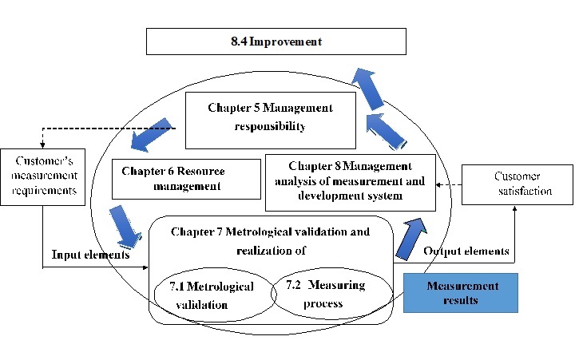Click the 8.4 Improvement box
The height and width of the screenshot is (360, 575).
276,42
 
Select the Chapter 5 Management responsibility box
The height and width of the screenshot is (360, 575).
271,121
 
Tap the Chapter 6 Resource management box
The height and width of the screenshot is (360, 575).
186,179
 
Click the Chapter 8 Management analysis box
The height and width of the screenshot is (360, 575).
351,183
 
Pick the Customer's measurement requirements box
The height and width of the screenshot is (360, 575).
43,176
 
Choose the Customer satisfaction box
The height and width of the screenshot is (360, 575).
517,184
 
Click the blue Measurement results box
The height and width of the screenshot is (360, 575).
461,292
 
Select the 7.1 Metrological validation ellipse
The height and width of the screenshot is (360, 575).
215,295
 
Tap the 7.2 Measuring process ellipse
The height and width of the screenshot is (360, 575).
332,293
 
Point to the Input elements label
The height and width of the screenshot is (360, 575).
90,255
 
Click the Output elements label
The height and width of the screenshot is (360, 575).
466,251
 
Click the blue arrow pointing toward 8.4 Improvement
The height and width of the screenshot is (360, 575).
368,89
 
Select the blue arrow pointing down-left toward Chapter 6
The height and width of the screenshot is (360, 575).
151,135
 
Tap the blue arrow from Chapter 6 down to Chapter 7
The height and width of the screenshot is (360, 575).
125,226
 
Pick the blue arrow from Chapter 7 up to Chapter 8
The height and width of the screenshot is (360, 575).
411,239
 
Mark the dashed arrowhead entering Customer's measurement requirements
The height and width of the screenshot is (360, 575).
42,144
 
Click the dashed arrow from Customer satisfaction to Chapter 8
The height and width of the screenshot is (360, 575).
449,184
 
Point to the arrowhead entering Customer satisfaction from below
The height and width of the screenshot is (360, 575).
514,208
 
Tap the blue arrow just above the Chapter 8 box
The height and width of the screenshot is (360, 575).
386,132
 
